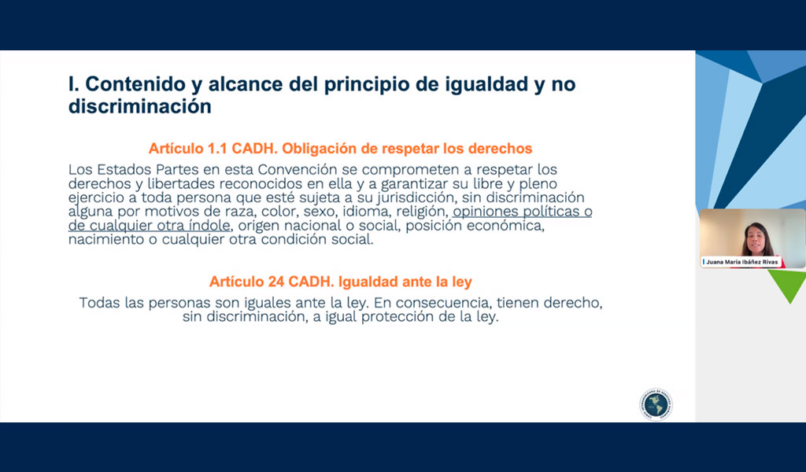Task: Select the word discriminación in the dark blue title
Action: [140, 106]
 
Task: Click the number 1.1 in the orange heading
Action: [217, 149]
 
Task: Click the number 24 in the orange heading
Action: [276, 282]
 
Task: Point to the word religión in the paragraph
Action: [422, 212]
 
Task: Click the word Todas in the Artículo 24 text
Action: [99, 303]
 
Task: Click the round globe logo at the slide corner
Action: [656, 404]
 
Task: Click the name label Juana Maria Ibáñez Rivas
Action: [741, 262]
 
